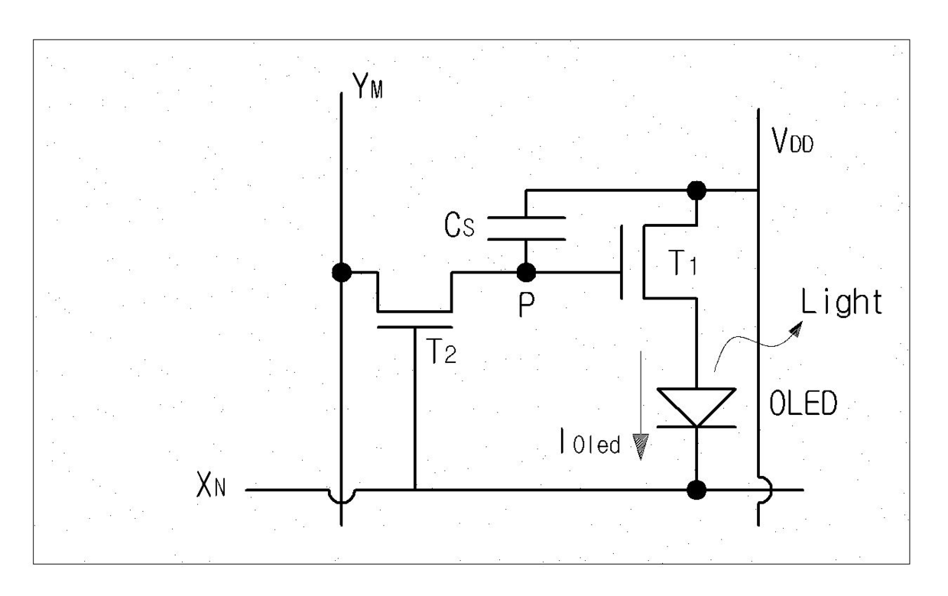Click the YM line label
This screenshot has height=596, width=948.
click(368, 86)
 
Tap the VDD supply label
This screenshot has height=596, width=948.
click(792, 140)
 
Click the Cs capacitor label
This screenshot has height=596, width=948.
click(459, 225)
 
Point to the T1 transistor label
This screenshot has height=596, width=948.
click(682, 263)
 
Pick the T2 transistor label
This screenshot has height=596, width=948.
click(441, 351)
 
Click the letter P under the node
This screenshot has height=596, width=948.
click(527, 305)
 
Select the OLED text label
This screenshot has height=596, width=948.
click(804, 403)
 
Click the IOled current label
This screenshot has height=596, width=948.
click(590, 442)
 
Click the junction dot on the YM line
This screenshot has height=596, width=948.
click(342, 272)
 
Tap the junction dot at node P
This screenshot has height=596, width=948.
click(526, 272)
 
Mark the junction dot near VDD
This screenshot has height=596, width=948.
click(696, 190)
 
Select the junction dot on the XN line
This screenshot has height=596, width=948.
click(696, 490)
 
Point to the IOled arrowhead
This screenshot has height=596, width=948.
click(641, 447)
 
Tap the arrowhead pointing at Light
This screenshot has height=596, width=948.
click(796, 329)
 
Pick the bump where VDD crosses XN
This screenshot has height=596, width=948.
click(766, 490)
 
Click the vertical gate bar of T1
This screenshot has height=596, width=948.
click(622, 262)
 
